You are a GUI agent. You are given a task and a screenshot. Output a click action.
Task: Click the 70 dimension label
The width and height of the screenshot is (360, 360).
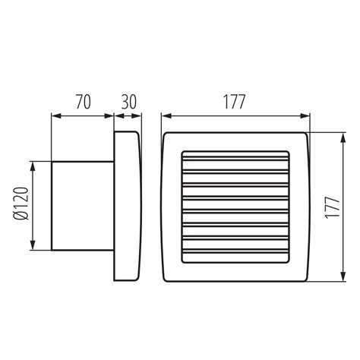(x=84, y=102)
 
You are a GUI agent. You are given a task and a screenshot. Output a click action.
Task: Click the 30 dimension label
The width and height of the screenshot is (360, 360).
(x=129, y=102)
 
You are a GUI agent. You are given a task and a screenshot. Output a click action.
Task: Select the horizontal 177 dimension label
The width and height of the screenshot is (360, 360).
(x=234, y=102)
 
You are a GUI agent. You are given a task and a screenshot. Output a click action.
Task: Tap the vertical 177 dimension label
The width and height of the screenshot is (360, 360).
(x=332, y=207)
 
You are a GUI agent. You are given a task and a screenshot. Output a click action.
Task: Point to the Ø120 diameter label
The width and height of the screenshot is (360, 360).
(x=21, y=204)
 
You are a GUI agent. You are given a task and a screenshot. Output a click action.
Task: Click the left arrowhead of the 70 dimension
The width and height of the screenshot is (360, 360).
(x=56, y=116)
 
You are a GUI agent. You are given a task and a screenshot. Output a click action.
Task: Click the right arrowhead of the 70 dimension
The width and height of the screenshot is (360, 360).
(x=109, y=116)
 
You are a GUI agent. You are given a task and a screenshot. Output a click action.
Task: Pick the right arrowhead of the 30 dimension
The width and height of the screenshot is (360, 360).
(x=137, y=116)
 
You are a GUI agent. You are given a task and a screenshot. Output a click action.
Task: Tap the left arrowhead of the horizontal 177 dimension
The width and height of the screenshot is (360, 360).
(x=166, y=116)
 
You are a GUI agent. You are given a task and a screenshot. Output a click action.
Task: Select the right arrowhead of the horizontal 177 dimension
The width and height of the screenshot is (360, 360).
(x=305, y=116)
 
